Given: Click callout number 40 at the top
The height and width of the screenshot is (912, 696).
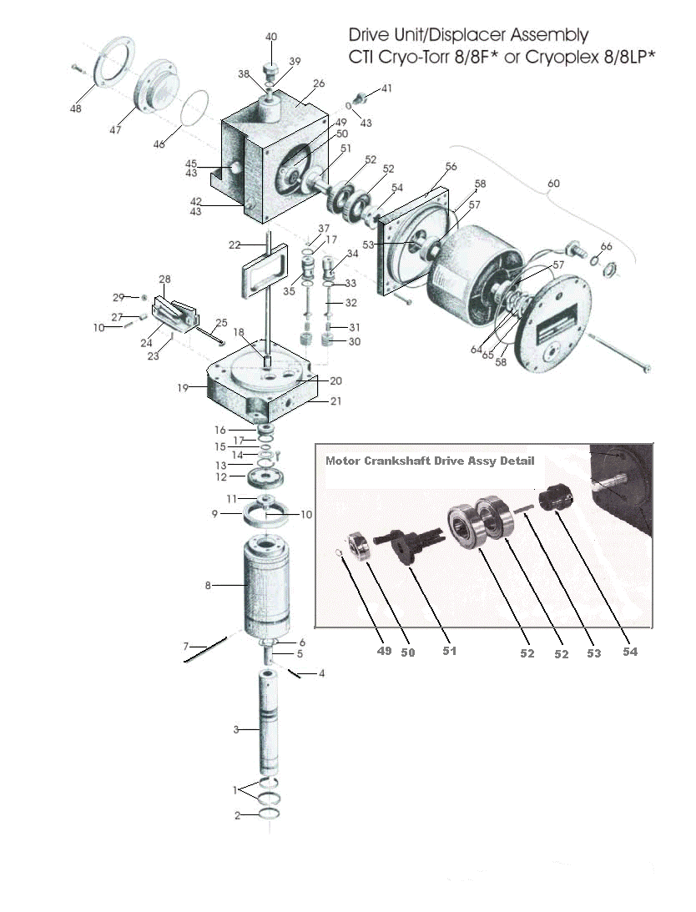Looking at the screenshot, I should click(x=271, y=38).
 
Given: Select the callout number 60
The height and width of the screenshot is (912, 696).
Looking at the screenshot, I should click(x=552, y=184).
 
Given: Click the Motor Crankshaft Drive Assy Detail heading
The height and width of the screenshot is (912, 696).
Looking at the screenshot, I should click(x=429, y=461).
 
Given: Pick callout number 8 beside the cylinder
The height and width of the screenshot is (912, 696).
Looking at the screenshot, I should click(x=208, y=586).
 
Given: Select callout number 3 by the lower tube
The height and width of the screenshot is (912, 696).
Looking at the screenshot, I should click(x=236, y=730).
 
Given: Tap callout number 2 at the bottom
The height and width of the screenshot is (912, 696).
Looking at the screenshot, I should click(x=237, y=815).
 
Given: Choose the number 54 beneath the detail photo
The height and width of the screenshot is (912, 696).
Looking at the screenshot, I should click(x=629, y=652).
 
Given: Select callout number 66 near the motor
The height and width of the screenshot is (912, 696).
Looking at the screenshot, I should click(x=607, y=246).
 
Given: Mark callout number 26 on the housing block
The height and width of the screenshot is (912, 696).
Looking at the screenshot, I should click(x=318, y=84).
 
